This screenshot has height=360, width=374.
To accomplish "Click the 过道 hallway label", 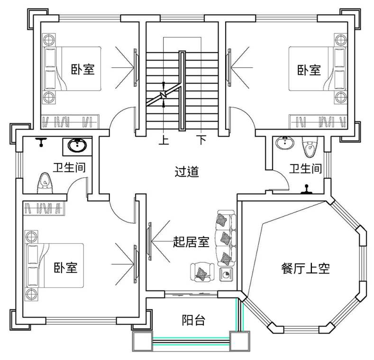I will tap(186, 172).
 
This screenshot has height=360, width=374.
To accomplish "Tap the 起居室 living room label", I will tap(191, 243).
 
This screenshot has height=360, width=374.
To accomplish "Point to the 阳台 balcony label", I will tap(193, 320).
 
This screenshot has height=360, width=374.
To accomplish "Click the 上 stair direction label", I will tap(164, 141).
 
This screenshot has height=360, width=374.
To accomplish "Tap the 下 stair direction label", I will tap(202, 141).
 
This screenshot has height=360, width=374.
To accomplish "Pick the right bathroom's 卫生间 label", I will tap(306, 168).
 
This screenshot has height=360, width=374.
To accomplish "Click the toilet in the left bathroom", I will tap(45, 182).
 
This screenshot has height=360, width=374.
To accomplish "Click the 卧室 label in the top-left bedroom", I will tap(83, 70).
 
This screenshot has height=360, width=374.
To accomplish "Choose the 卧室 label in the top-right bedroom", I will tap(309, 70).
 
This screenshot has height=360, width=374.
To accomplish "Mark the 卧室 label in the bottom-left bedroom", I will tap(65, 268).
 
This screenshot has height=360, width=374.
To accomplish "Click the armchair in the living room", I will tap(202, 272).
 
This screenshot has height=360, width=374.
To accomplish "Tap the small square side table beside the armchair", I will tap(226, 274).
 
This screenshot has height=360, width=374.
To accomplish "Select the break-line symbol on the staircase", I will tap(164, 95).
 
